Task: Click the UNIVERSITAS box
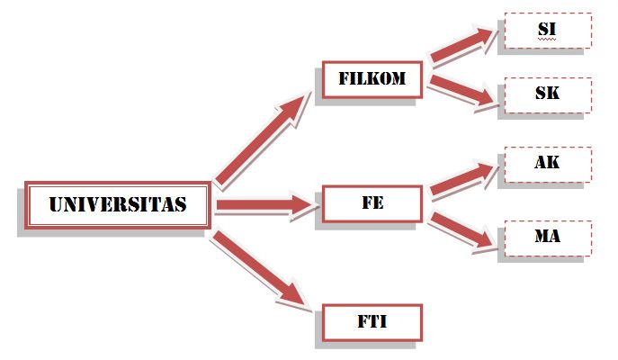[x=117, y=205]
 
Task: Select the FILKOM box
[x=372, y=79]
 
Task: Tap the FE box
[x=372, y=203]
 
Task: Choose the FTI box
[x=372, y=321]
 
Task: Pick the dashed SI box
[x=547, y=30]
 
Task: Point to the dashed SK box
[x=547, y=94]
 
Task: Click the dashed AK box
[x=547, y=164]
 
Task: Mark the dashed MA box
[x=547, y=238]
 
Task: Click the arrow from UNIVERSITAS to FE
[x=265, y=206]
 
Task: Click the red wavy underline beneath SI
[x=547, y=40]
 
